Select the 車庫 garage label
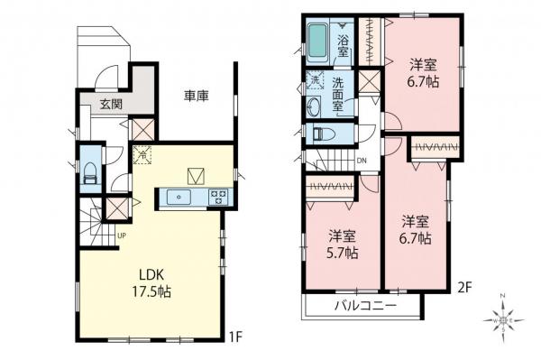coord(197,97)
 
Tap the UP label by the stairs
coord(121,237)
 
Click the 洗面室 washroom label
coord(338,94)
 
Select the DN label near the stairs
coord(362,162)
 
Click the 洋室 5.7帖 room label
coord(343,245)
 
